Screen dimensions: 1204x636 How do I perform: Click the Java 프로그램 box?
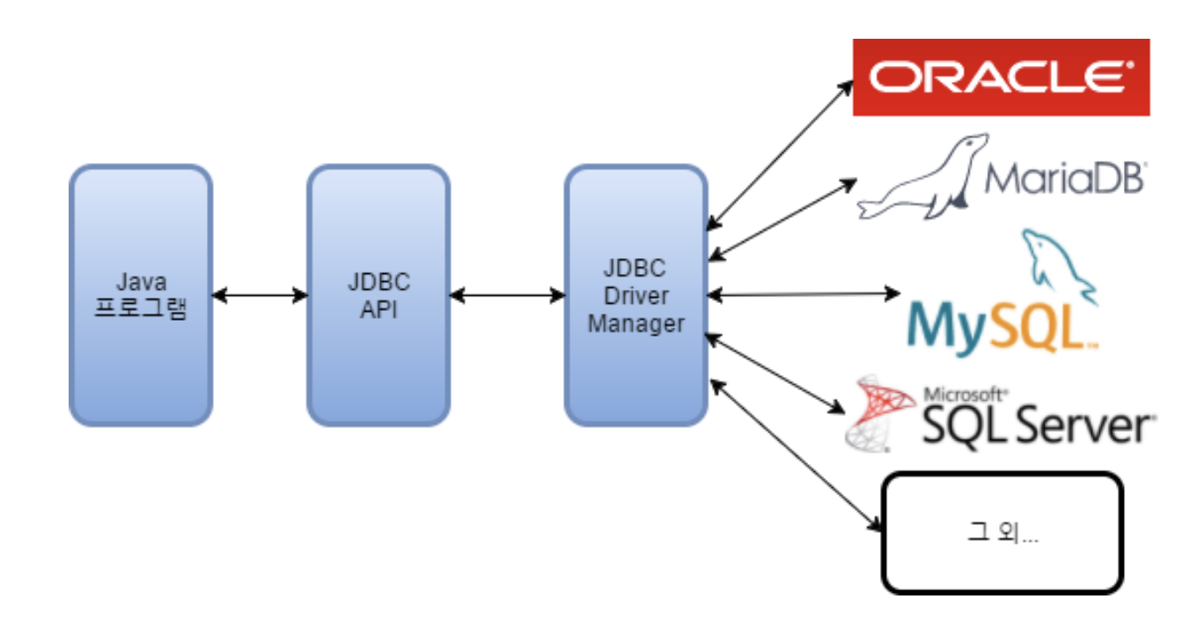[141, 295]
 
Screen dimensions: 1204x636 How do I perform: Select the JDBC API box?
[378, 295]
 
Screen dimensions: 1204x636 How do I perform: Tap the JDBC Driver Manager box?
[635, 295]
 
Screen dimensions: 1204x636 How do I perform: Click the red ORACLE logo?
[1001, 77]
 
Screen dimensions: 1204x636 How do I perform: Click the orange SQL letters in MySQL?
[1038, 326]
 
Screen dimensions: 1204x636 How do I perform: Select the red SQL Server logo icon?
[879, 413]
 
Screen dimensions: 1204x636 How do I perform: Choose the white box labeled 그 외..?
[1002, 533]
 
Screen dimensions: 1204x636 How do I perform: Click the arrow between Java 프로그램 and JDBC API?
[261, 295]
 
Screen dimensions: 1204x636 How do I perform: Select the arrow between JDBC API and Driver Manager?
[508, 295]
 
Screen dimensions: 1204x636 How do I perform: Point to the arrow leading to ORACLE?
[780, 156]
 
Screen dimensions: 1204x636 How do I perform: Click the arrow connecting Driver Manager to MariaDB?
[782, 220]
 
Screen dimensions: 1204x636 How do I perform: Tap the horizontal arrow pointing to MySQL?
[804, 294]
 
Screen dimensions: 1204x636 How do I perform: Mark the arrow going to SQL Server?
[775, 373]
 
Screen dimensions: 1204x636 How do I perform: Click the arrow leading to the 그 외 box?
[796, 455]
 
